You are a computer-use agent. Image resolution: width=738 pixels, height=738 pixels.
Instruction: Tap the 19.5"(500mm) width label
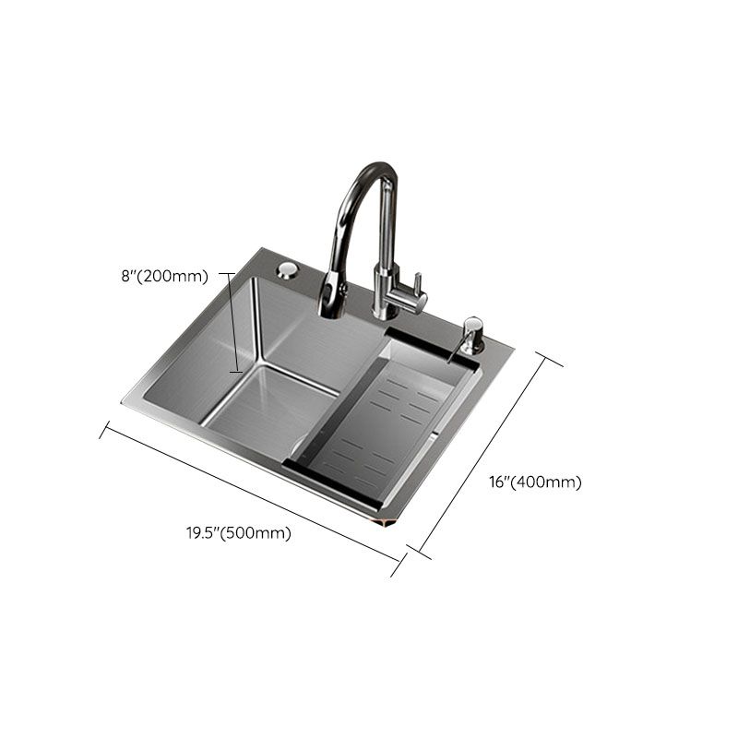238,532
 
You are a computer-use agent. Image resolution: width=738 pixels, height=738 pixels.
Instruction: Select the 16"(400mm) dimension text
535,482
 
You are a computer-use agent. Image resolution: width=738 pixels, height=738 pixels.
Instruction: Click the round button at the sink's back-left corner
287,269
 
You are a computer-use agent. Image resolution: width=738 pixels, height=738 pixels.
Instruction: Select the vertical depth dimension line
234,323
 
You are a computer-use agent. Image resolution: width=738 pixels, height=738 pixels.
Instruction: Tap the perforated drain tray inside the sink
387,424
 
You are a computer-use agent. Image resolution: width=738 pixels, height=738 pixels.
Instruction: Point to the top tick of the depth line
225,274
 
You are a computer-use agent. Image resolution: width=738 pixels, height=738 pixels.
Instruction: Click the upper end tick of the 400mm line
549,359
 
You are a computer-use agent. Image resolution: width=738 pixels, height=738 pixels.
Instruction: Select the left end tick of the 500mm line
106,430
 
